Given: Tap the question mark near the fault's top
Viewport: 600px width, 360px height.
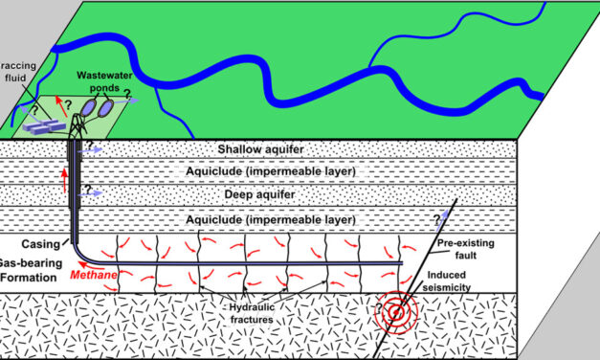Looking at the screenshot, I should point(436,219).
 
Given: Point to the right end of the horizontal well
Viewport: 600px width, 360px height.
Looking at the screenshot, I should point(400,262).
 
